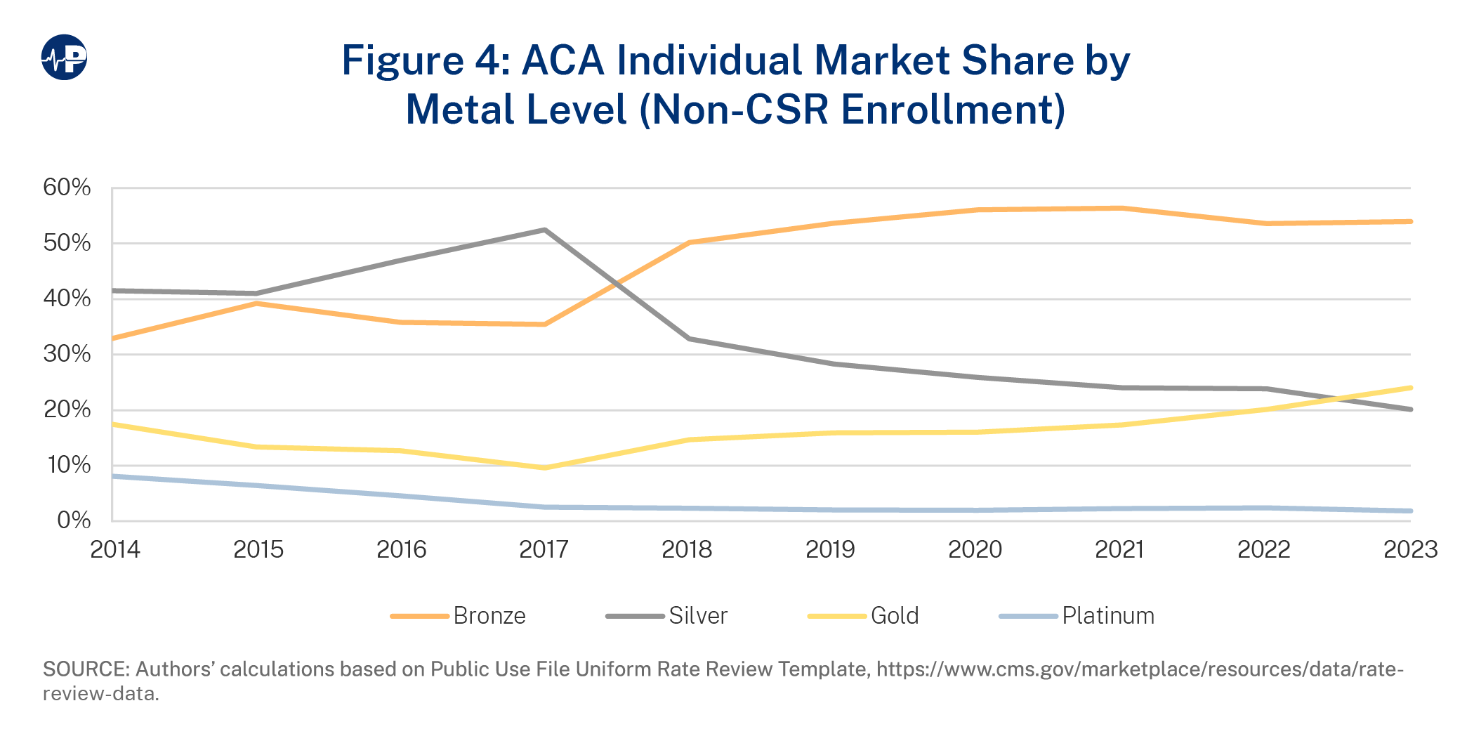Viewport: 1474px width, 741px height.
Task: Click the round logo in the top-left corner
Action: coord(64,57)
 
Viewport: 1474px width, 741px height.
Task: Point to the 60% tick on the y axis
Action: coord(67,188)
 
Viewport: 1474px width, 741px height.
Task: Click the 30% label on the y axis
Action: coord(67,354)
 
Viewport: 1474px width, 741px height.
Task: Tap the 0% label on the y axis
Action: coord(74,520)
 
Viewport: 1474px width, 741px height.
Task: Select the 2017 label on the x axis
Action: coord(544,549)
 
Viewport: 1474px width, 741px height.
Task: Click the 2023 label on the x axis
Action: coord(1410,549)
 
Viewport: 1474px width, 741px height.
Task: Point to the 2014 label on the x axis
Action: coord(115,549)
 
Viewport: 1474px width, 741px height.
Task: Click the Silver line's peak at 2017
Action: coord(545,230)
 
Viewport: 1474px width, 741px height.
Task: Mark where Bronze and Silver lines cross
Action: coord(617,284)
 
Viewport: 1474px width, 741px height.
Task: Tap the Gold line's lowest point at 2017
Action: coord(545,468)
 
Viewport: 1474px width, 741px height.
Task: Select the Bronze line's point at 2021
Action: coord(1121,208)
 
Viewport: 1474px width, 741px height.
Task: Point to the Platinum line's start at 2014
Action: coord(114,476)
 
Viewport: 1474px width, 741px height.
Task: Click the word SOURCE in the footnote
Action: coord(86,669)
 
